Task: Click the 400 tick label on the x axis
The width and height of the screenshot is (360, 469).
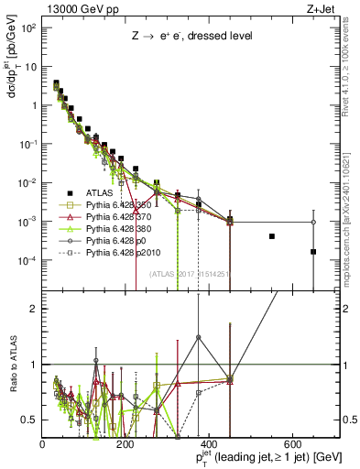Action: tap(210, 444)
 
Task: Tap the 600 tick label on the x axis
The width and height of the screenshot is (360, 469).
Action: tap(293, 444)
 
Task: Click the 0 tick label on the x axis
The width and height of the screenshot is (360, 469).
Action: tap(43, 444)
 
